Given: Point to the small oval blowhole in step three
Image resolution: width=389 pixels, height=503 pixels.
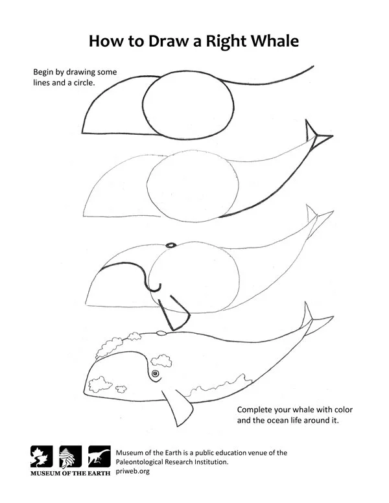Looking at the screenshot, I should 171,245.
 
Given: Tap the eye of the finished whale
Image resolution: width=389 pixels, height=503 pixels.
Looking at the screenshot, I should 156,375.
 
